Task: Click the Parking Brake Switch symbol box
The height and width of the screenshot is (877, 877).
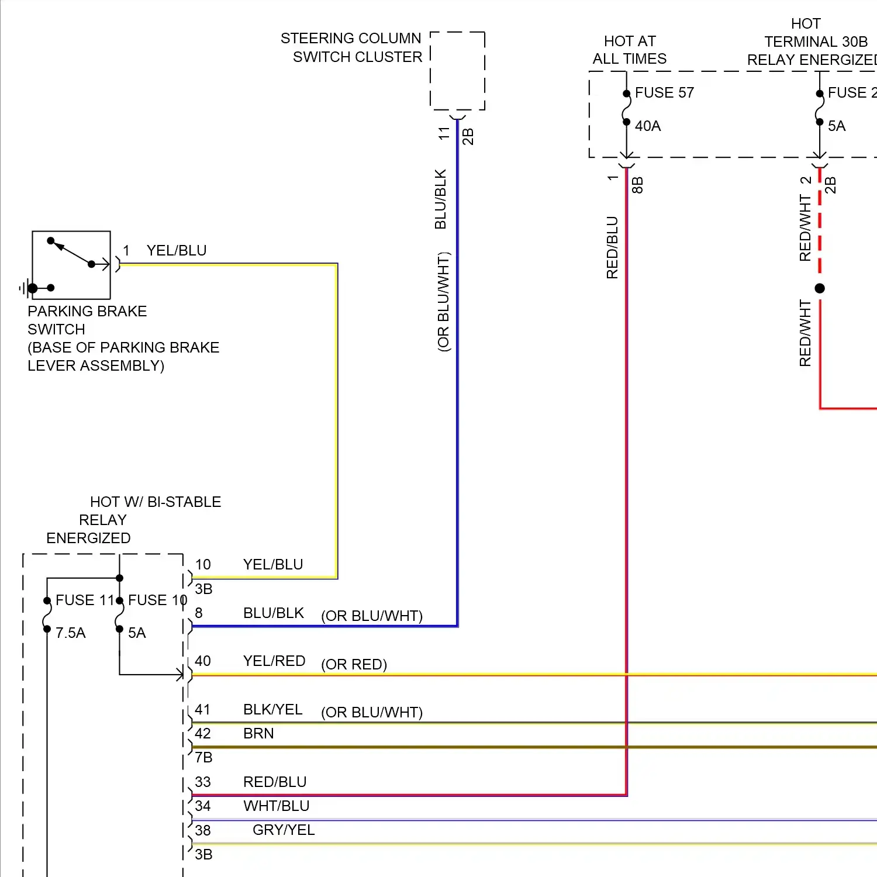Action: click(x=71, y=265)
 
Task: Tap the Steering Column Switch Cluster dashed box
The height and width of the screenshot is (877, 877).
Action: click(x=457, y=71)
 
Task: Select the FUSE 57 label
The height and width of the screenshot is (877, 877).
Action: click(x=664, y=93)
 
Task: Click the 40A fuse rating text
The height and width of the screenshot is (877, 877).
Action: click(x=648, y=126)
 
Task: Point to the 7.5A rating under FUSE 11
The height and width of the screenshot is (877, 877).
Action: click(x=71, y=633)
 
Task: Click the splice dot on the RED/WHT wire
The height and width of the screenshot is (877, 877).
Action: click(x=820, y=288)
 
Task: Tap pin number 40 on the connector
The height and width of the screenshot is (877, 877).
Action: click(x=203, y=661)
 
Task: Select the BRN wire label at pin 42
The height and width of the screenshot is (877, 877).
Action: click(x=258, y=734)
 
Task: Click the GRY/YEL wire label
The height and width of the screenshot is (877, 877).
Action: click(x=284, y=830)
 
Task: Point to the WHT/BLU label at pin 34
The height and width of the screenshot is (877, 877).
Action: click(x=277, y=806)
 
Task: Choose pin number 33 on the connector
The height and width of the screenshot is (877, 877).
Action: click(x=203, y=782)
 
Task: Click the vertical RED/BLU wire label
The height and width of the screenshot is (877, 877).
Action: click(x=612, y=247)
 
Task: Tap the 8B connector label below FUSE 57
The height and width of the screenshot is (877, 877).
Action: click(x=638, y=185)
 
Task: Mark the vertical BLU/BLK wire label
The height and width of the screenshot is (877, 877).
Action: click(x=441, y=199)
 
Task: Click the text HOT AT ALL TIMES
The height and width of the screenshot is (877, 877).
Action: click(x=630, y=50)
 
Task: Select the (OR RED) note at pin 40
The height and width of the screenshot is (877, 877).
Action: click(x=354, y=665)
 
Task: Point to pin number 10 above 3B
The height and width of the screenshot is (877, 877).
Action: click(x=203, y=565)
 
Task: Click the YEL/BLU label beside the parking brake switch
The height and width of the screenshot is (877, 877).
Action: click(x=177, y=251)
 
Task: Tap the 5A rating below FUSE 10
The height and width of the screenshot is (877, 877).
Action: click(x=137, y=633)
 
